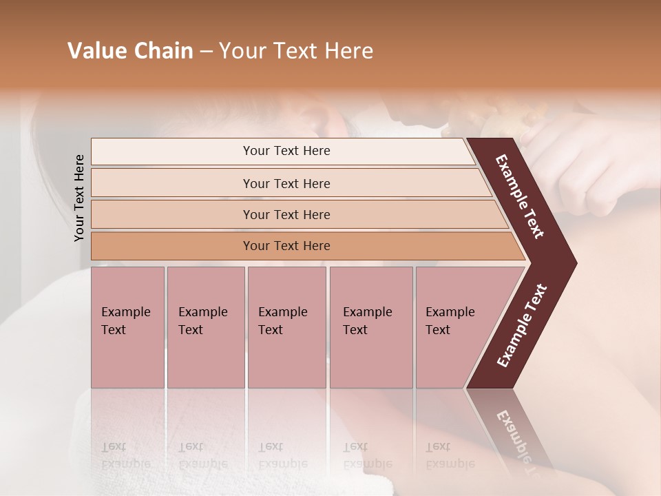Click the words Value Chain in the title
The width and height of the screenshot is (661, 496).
130,51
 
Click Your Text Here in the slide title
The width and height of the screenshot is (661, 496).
296,51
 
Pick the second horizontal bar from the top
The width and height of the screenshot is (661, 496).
286,183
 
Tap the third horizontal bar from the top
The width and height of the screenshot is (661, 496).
286,214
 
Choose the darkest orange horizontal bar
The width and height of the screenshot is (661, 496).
286,246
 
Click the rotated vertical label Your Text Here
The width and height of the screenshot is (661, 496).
79,198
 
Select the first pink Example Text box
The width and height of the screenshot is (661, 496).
127,327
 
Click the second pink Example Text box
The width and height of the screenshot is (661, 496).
205,327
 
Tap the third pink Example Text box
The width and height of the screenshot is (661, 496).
286,327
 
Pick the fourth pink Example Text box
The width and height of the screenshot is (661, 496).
371,327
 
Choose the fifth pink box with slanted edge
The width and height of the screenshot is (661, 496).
454,327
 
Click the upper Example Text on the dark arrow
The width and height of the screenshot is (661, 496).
520,196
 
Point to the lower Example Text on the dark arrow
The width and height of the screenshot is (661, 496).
521,326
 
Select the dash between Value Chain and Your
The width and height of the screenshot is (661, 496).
206,52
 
